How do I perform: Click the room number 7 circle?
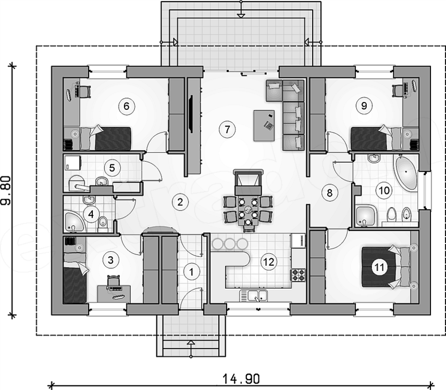(225, 129)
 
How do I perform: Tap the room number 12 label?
(268, 262)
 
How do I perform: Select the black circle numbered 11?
(380, 267)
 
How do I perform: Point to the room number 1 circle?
(192, 271)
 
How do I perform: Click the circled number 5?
(111, 167)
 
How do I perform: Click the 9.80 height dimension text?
(7, 190)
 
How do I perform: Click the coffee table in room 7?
(264, 124)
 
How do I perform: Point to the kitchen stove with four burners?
(298, 275)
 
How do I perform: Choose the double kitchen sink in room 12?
(254, 296)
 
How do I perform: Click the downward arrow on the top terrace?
(240, 15)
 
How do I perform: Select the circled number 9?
(364, 106)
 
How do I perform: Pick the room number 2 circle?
(180, 202)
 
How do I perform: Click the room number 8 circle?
(329, 193)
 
